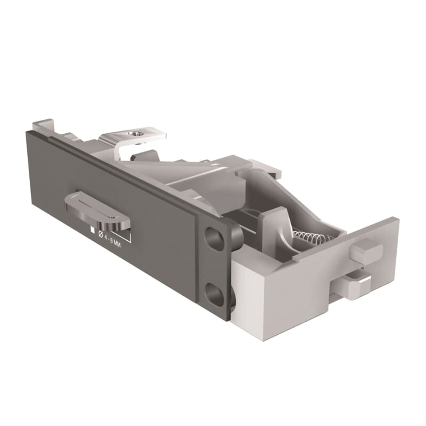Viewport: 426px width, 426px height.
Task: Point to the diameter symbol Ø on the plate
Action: coord(101,233)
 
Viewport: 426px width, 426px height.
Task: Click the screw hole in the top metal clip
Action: coord(135,133)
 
